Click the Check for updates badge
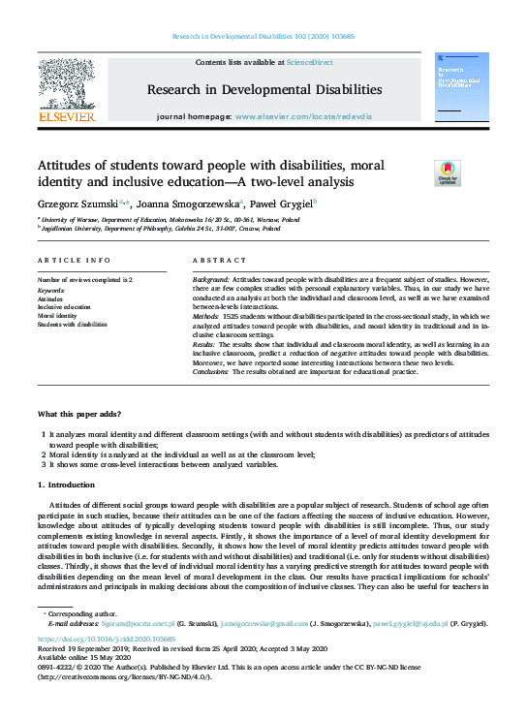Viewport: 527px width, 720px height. click(448, 172)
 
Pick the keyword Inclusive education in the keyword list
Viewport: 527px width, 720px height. click(63, 307)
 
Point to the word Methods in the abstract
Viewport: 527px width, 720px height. click(207, 316)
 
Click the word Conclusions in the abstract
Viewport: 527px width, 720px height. click(212, 371)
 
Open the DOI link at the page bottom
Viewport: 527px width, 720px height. click(107, 640)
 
